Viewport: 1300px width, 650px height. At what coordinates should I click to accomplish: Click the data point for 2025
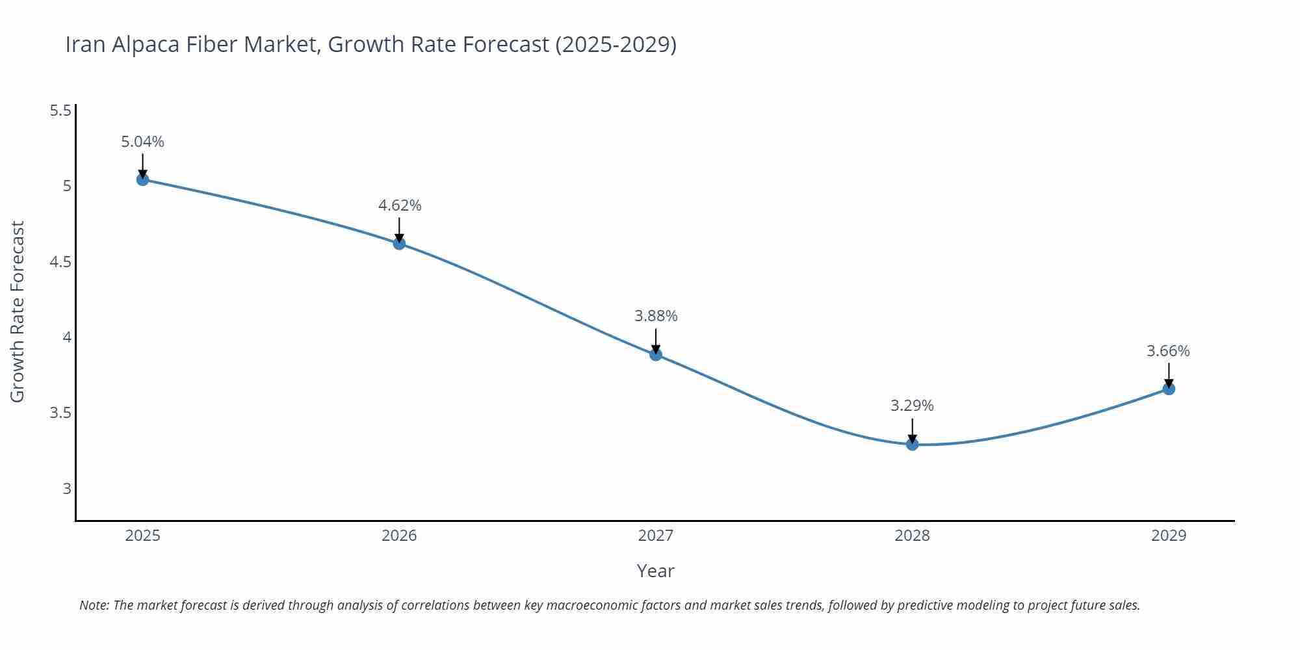142,179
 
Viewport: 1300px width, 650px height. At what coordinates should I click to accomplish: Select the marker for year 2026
399,243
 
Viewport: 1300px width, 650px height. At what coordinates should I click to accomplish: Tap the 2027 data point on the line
656,354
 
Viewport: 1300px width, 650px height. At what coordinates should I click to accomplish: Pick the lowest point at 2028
912,445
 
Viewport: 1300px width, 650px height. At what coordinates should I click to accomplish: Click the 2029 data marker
1169,389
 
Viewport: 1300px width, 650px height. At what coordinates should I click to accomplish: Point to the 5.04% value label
142,142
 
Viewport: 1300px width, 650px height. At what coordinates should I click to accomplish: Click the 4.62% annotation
399,205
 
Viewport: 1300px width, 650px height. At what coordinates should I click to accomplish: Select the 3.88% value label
656,316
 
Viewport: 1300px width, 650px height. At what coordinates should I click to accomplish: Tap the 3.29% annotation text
912,406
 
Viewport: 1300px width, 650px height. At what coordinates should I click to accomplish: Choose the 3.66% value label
1168,351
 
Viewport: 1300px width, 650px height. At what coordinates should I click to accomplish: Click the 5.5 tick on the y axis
60,110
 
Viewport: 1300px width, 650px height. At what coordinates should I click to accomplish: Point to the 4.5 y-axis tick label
60,262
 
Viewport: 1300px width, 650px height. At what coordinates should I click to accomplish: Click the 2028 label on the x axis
912,536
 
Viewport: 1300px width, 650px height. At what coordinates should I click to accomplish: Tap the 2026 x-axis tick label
399,536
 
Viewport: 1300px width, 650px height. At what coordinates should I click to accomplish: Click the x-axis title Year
655,571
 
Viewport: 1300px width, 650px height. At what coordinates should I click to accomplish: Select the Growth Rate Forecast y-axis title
18,311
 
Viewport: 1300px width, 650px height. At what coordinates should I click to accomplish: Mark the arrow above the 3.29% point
912,430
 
